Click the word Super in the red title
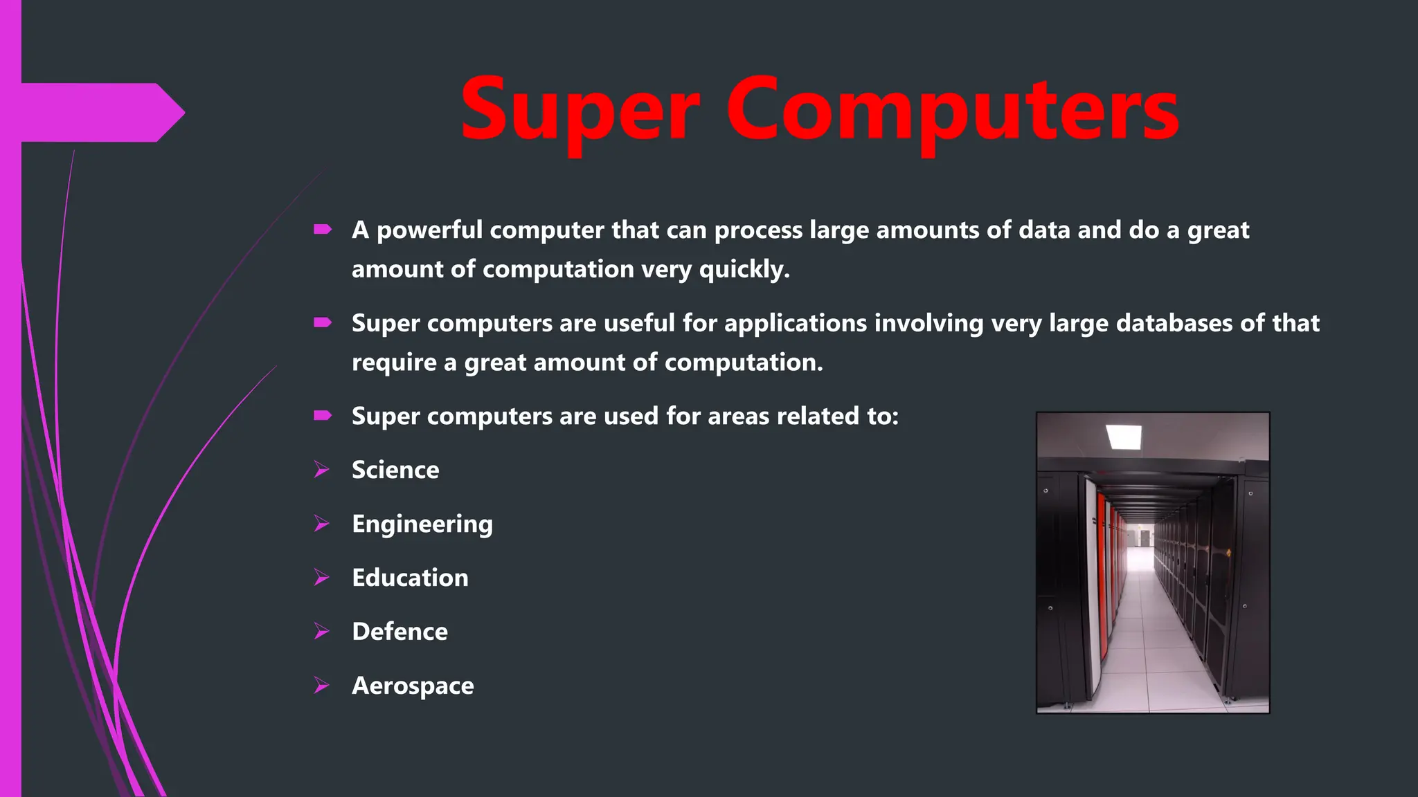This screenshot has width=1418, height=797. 580,111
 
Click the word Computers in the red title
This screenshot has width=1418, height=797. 952,111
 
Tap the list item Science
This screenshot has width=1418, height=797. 395,470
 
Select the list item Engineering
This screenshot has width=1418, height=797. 422,524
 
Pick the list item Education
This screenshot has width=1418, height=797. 410,578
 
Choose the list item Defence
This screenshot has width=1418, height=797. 400,632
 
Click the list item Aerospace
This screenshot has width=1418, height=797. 413,686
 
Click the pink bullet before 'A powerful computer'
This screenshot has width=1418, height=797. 323,229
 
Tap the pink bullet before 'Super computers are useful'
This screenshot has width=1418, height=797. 323,322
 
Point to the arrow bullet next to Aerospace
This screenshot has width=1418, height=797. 321,685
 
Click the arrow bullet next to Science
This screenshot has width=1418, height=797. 321,469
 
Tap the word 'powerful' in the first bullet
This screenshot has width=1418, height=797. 429,230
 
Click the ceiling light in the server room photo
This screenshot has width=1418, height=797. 1123,437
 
